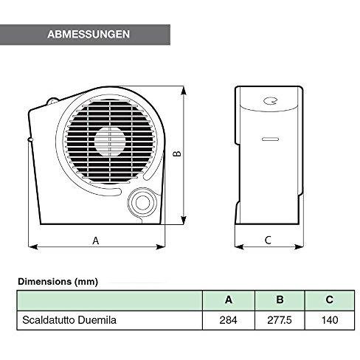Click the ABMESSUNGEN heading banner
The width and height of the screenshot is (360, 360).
(x=85, y=35)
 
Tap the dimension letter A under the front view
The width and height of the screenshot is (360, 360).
(x=96, y=240)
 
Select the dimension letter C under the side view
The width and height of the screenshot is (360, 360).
(x=268, y=240)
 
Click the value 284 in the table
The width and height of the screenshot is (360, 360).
(x=229, y=320)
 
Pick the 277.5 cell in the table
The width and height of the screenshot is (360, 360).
(x=280, y=320)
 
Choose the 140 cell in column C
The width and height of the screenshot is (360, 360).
(x=330, y=320)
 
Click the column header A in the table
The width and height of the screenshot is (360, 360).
(x=229, y=300)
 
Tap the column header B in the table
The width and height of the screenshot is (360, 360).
(x=280, y=300)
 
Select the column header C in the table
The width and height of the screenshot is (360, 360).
(x=330, y=300)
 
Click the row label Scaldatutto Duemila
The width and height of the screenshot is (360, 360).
(x=69, y=320)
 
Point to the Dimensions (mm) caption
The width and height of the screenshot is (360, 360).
(x=58, y=282)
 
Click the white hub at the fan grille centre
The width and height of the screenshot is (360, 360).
(x=110, y=142)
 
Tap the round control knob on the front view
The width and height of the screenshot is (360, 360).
(x=142, y=202)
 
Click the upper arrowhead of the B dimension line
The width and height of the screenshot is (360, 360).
(x=183, y=91)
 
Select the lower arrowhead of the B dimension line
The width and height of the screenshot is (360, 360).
(x=183, y=220)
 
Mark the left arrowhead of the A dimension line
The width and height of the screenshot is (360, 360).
(x=33, y=246)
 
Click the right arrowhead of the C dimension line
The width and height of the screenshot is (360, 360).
(x=299, y=246)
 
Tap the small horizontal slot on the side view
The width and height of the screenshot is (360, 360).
(x=270, y=139)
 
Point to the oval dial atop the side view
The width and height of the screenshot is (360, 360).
(x=270, y=100)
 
